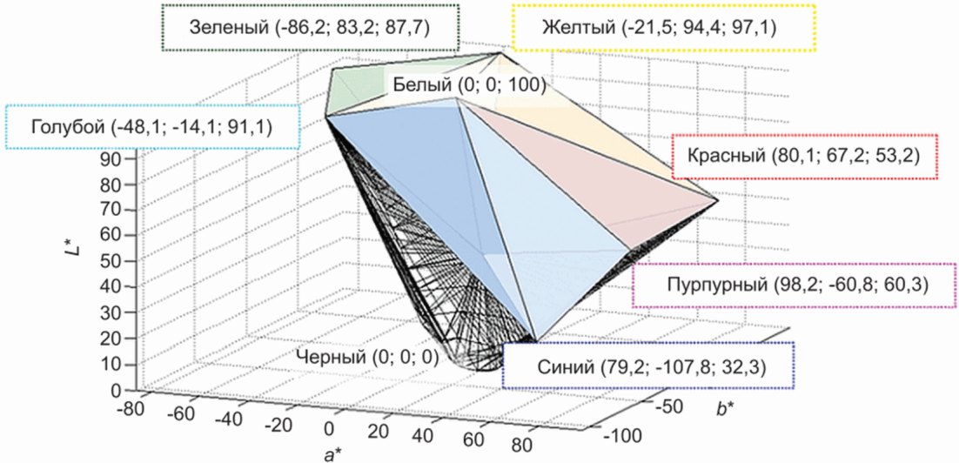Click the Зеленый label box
(x=310, y=28)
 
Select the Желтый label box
(x=666, y=28)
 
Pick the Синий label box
(x=648, y=366)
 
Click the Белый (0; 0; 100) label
(x=468, y=84)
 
